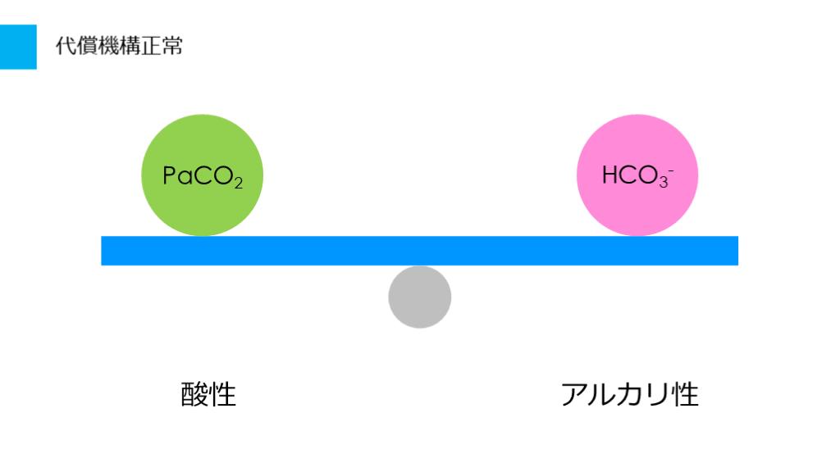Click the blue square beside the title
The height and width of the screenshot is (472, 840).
pos(18,47)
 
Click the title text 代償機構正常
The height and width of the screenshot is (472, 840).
pos(119,46)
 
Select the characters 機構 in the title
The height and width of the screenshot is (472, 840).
pos(119,46)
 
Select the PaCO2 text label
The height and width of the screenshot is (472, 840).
pos(202,177)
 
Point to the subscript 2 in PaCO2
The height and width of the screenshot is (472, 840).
pos(238,183)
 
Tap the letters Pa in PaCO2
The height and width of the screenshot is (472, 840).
pos(176,176)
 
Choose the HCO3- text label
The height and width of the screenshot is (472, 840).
pos(637,176)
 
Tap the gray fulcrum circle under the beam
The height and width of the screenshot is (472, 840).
pos(420,297)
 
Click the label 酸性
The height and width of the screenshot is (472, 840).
pos(208,395)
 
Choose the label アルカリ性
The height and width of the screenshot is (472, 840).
pos(630,395)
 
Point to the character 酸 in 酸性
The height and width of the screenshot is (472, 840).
pos(194,395)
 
